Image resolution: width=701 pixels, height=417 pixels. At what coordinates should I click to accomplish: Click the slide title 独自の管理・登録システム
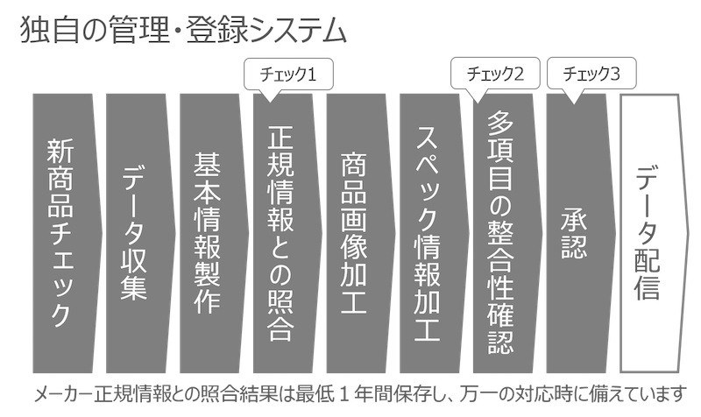tap(183, 31)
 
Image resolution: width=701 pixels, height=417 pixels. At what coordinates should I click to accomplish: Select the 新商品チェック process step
tap(67, 233)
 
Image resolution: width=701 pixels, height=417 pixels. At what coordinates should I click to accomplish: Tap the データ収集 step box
tap(140, 233)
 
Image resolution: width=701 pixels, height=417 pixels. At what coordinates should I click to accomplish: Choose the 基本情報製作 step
tap(214, 233)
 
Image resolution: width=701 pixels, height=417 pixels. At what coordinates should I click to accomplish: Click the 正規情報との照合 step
tap(287, 233)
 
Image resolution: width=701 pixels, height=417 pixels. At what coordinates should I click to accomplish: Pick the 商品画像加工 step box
tap(360, 233)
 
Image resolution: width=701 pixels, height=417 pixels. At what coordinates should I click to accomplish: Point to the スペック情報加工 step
tap(434, 233)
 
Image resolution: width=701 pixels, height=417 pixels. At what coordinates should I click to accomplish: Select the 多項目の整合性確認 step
tap(507, 233)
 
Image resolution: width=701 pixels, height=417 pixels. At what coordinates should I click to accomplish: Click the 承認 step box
tap(580, 233)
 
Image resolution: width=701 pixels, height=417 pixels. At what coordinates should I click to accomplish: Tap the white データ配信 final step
tap(655, 233)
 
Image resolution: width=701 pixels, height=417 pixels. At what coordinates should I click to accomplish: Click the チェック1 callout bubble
tap(288, 74)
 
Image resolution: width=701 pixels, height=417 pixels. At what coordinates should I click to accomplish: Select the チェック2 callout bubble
tap(495, 74)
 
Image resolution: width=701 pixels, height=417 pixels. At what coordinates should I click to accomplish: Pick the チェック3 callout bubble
tap(591, 74)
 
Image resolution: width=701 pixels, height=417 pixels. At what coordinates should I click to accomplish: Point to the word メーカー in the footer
tap(63, 394)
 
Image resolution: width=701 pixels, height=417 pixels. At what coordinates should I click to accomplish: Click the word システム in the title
tap(298, 32)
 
